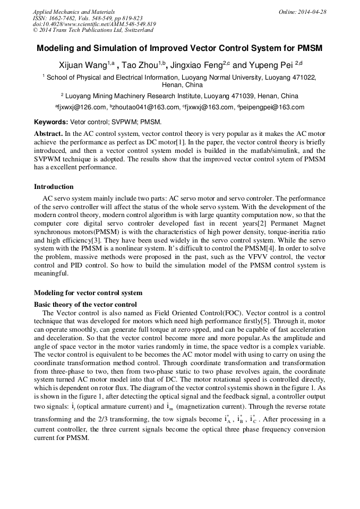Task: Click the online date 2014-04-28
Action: pos(311,12)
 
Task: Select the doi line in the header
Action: pos(94,24)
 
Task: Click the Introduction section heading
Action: pos(54,187)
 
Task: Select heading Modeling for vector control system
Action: pos(88,292)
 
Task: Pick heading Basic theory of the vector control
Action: pos(85,304)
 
